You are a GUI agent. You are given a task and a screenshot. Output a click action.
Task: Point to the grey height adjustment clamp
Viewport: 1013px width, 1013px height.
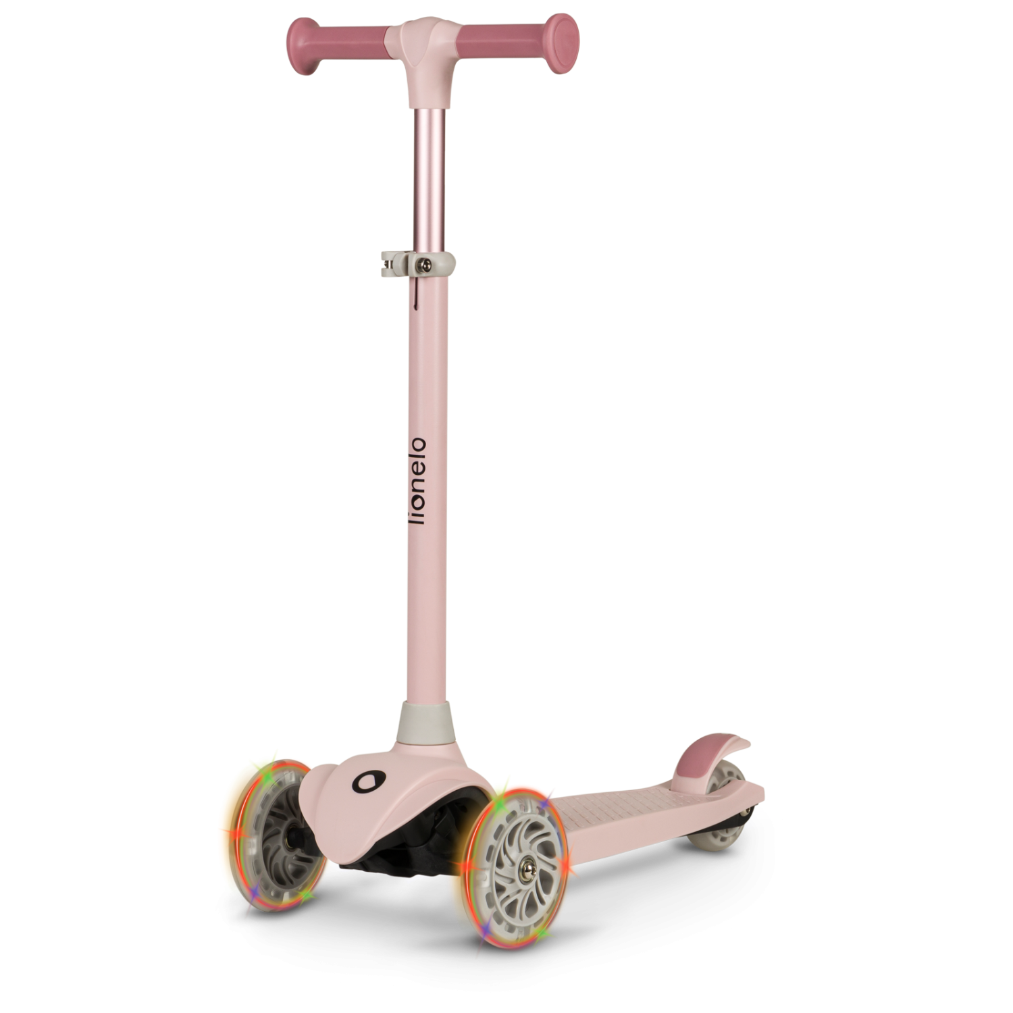pyautogui.click(x=417, y=263)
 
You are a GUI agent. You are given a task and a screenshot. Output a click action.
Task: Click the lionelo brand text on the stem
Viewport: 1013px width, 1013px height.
pyautogui.click(x=418, y=481)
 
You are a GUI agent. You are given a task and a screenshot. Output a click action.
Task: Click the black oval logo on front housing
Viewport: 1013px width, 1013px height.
pyautogui.click(x=367, y=782)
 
